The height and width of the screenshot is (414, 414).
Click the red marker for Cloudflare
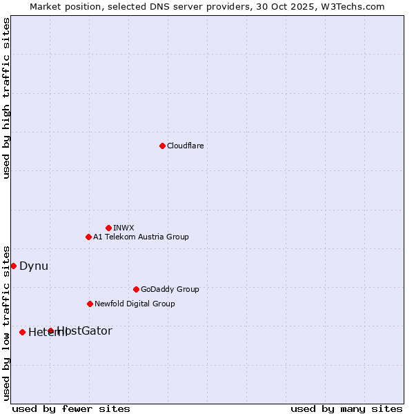tap(162, 146)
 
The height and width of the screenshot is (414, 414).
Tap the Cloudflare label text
tap(186, 146)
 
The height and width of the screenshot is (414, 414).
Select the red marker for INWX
tap(108, 228)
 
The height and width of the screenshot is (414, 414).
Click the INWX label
tap(124, 228)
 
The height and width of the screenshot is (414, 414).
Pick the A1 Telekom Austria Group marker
tap(88, 237)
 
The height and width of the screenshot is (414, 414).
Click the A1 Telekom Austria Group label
tap(141, 237)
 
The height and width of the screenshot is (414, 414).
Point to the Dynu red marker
tap(13, 266)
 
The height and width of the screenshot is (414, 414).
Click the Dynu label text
tap(34, 266)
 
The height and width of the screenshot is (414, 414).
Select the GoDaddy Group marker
tap(136, 289)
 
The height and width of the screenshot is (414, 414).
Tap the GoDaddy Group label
tap(170, 289)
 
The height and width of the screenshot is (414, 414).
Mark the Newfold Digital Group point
tap(90, 304)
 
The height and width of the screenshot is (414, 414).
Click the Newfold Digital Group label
tap(135, 304)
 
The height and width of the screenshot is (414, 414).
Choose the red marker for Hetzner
tap(22, 332)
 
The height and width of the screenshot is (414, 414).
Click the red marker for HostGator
tap(50, 331)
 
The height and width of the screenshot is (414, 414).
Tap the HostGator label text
tap(85, 331)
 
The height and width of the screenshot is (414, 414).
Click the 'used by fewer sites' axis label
tap(71, 408)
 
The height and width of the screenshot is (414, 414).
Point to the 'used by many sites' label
tap(346, 408)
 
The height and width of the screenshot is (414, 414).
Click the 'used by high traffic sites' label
tap(6, 98)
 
